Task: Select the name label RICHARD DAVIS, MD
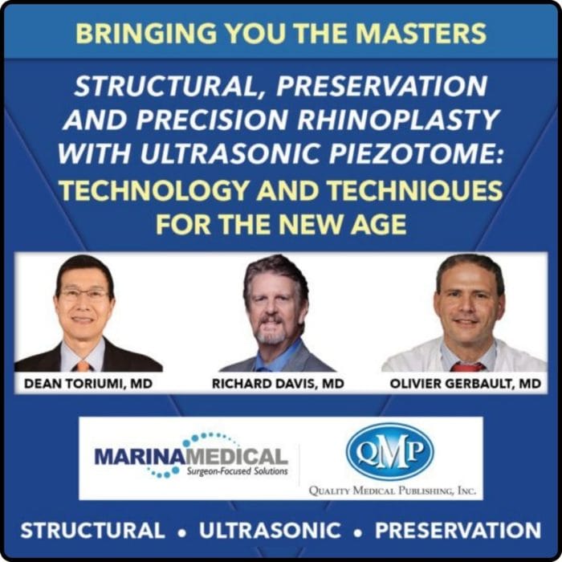[277, 385]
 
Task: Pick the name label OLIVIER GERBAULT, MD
[465, 385]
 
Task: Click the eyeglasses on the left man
[84, 295]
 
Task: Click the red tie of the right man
[466, 366]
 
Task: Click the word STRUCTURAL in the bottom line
[92, 531]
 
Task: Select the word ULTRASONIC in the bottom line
[270, 531]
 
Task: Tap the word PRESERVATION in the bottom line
[458, 531]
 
